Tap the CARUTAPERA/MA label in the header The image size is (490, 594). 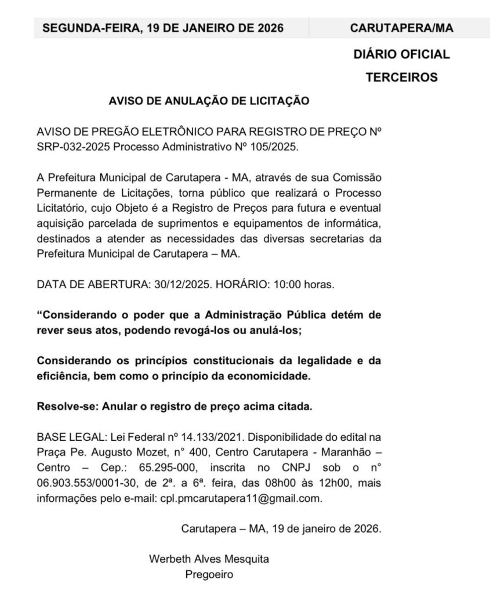(402, 28)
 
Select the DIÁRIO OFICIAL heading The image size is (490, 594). (402, 55)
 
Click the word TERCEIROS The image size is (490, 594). (402, 77)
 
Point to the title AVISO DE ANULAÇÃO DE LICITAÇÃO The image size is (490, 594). (209, 101)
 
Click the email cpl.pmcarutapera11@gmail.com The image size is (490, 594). (241, 497)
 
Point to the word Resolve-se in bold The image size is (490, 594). (65, 407)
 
